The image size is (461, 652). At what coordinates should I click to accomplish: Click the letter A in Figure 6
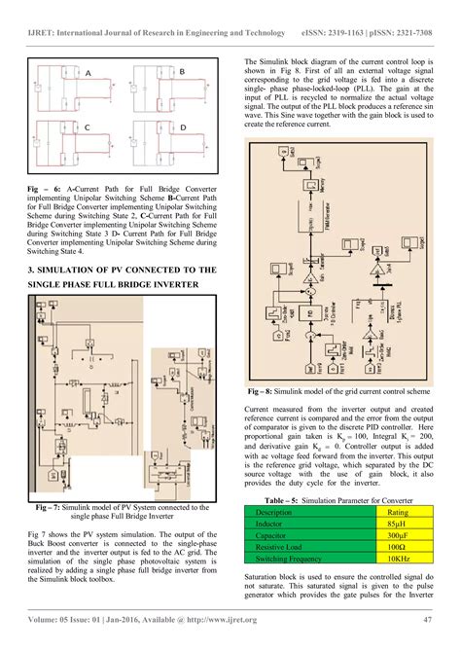click(x=88, y=74)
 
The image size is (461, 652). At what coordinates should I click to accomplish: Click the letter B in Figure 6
click(x=182, y=71)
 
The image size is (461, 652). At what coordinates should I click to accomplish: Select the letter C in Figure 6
click(x=88, y=127)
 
